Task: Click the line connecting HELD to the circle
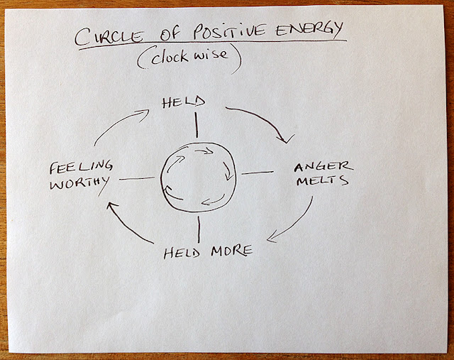(x=196, y=126)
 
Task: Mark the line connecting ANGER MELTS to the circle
(x=257, y=173)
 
